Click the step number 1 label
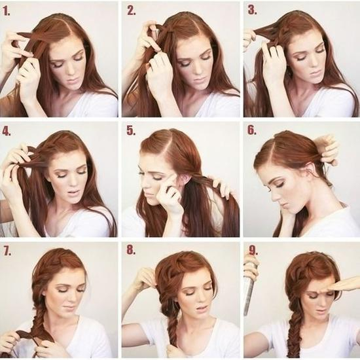[x=7, y=11]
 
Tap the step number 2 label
[x=132, y=10]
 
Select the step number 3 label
[x=252, y=10]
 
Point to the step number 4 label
[x=6, y=131]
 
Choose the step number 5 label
[x=131, y=131]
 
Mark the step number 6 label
[x=252, y=130]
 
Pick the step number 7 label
[x=7, y=251]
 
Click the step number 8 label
[x=131, y=250]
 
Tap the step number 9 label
[x=253, y=250]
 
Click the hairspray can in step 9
[x=250, y=289]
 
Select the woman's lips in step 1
[x=74, y=81]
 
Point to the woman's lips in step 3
[x=315, y=73]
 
